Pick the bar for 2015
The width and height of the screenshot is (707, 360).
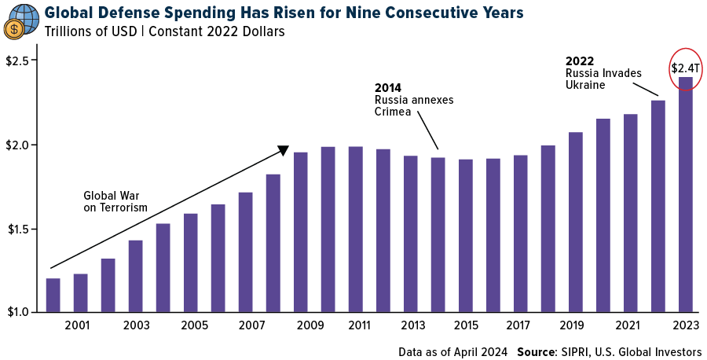(465, 235)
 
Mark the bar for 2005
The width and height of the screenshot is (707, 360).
(190, 263)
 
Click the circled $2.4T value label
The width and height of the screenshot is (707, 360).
(686, 68)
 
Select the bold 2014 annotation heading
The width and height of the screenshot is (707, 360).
(387, 88)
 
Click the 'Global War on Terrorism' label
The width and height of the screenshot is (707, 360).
(115, 201)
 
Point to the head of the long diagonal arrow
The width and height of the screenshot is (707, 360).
(284, 149)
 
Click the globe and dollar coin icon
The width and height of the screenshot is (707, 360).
(21, 20)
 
